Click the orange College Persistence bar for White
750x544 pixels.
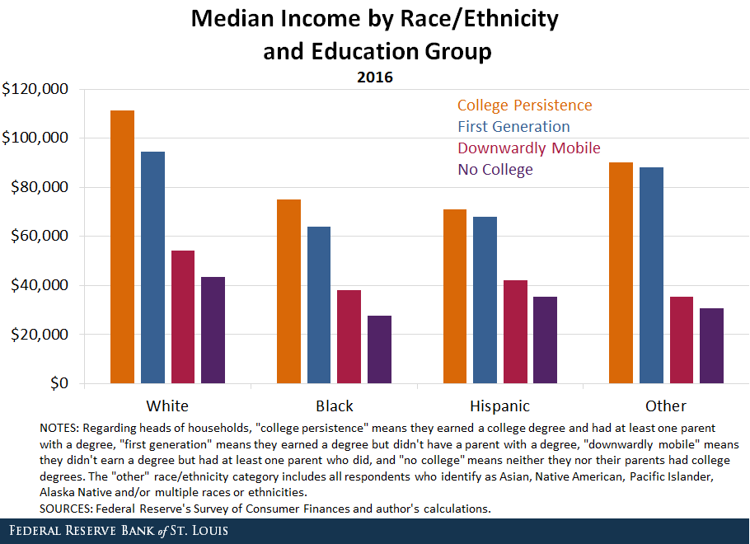click(x=122, y=246)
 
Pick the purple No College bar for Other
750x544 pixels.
click(x=711, y=346)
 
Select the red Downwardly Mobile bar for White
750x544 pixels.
click(x=182, y=317)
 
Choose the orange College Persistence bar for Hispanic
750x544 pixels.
click(x=454, y=297)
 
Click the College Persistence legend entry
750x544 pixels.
click(x=524, y=106)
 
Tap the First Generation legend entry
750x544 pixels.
click(x=513, y=127)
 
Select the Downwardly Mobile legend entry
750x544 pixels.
click(x=528, y=148)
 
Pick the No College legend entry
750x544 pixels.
click(x=495, y=170)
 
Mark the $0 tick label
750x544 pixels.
click(x=58, y=384)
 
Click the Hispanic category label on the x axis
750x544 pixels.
click(x=499, y=406)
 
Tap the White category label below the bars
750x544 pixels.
click(x=167, y=406)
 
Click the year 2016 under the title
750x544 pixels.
click(x=375, y=78)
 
